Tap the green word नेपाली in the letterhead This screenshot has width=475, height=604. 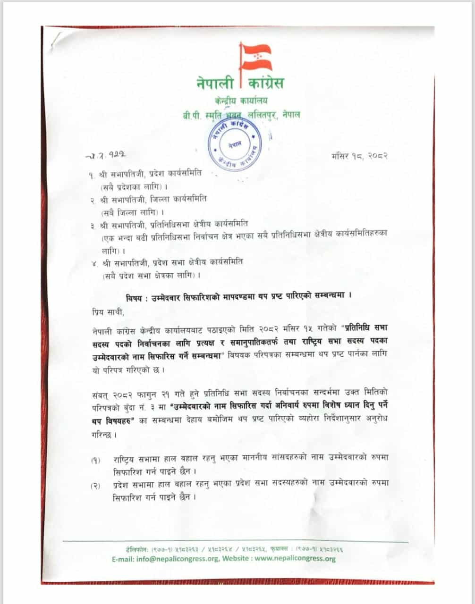pyautogui.click(x=216, y=84)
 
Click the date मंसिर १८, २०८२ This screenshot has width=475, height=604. pyautogui.click(x=360, y=155)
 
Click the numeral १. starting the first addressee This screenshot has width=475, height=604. pyautogui.click(x=92, y=174)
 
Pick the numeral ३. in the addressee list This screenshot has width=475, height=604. pyautogui.click(x=92, y=225)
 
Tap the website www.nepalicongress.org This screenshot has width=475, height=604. pyautogui.click(x=295, y=559)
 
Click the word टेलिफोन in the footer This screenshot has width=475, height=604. pyautogui.click(x=134, y=549)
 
